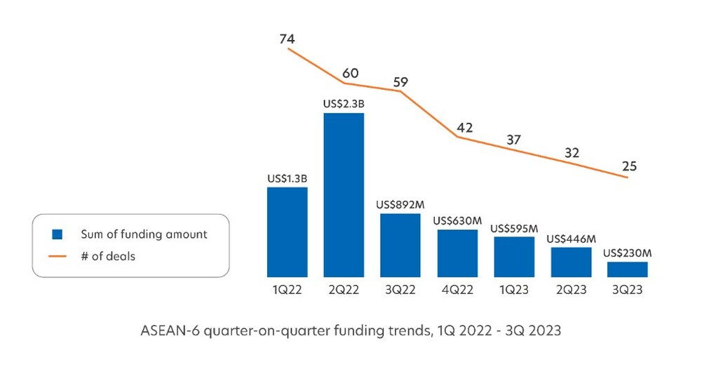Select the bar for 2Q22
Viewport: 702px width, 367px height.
pyautogui.click(x=344, y=194)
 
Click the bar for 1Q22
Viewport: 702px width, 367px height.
pyautogui.click(x=287, y=232)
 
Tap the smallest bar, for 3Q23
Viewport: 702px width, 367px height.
pyautogui.click(x=628, y=269)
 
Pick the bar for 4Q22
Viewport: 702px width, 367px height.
pyautogui.click(x=457, y=253)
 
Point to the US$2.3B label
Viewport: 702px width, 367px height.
pyautogui.click(x=344, y=104)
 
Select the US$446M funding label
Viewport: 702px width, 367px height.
pyautogui.click(x=571, y=239)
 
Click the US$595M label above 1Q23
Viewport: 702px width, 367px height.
pyautogui.click(x=514, y=228)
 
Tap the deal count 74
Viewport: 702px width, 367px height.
pyautogui.click(x=287, y=39)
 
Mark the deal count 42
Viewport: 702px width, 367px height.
pyautogui.click(x=464, y=128)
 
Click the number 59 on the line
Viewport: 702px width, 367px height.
pyautogui.click(x=400, y=82)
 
